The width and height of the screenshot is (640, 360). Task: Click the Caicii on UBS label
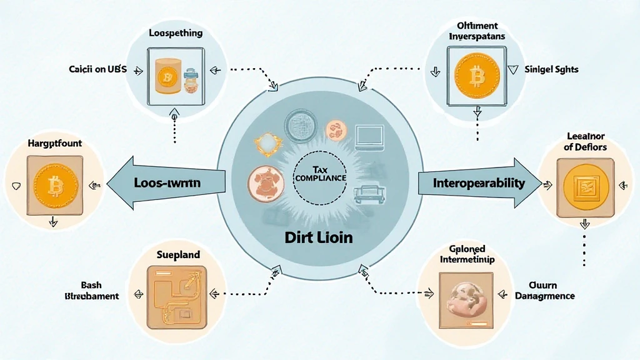pyautogui.click(x=97, y=69)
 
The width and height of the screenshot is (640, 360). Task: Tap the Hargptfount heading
pyautogui.click(x=55, y=143)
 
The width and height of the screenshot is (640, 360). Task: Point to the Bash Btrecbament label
pyautogui.click(x=91, y=291)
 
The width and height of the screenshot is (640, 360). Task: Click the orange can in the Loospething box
pyautogui.click(x=166, y=77)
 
